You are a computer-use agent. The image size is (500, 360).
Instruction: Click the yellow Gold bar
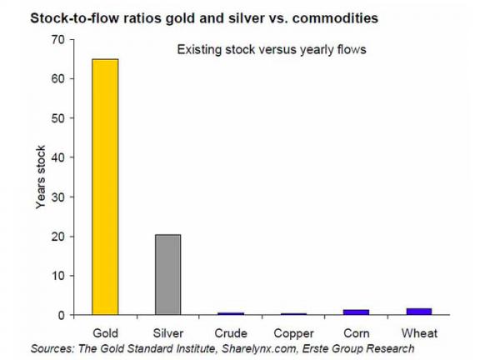coord(105,187)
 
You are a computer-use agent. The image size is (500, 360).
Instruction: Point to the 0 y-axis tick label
coord(60,315)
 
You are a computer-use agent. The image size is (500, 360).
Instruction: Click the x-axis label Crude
coord(231,332)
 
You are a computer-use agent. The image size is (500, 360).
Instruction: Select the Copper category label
coord(294,332)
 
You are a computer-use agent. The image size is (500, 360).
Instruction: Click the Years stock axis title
coord(40,177)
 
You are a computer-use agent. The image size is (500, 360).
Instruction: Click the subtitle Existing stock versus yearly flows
coord(272,50)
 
